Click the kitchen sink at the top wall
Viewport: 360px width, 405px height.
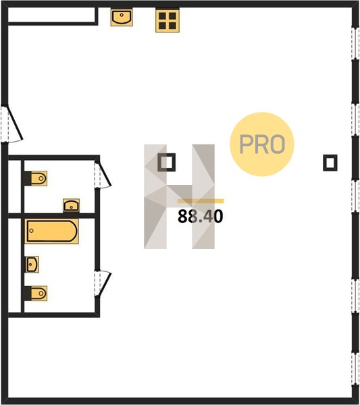[x=122, y=18]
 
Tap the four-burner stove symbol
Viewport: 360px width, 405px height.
[x=168, y=21]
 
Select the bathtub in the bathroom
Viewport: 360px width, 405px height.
[x=52, y=231]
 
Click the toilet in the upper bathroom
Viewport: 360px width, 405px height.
[x=36, y=178]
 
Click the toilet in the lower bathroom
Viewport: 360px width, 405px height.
[x=36, y=294]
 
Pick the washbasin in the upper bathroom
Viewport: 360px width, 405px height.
[x=72, y=206]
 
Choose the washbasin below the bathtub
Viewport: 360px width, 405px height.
[x=32, y=264]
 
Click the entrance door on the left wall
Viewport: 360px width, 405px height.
[x=11, y=124]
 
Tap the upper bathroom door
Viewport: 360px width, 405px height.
[x=103, y=174]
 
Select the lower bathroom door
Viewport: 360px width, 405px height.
[x=103, y=283]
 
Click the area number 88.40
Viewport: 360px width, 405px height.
[x=201, y=216]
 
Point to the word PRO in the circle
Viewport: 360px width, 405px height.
[x=262, y=144]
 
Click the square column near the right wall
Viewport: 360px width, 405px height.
[x=330, y=163]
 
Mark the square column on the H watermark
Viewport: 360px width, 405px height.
[x=167, y=162]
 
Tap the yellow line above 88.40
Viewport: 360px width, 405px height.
[x=201, y=201]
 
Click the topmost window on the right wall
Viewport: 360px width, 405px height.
[x=355, y=43]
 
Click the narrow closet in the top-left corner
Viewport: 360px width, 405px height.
[x=52, y=15]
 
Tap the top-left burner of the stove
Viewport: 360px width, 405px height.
[x=162, y=16]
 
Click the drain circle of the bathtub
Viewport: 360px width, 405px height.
[x=32, y=231]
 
